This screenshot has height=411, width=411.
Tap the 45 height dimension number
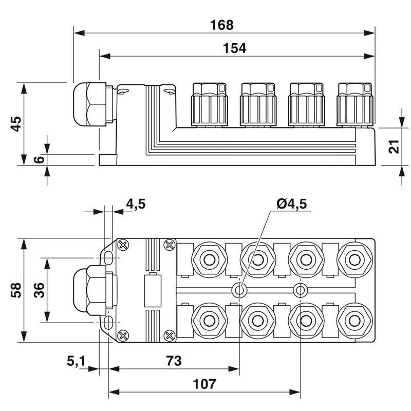point(16,124)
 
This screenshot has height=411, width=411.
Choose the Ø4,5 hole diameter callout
point(291,204)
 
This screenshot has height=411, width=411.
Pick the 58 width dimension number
point(16,290)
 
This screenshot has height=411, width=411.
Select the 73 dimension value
point(174,361)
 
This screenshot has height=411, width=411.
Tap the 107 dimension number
point(204,384)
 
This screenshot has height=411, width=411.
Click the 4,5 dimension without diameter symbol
point(136,204)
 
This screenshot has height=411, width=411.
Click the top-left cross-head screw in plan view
point(123,246)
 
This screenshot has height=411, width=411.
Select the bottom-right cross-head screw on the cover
point(168,336)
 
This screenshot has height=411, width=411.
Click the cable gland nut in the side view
point(89,104)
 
